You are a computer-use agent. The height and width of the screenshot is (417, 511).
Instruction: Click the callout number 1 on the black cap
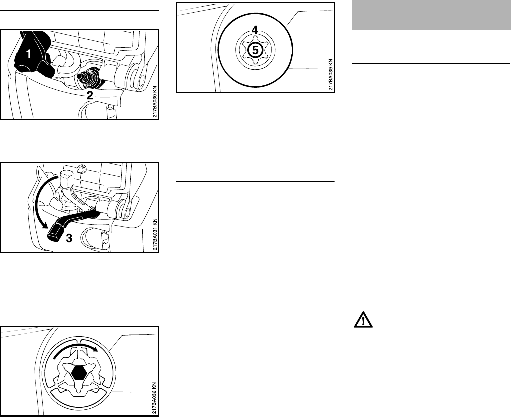[x=30, y=56]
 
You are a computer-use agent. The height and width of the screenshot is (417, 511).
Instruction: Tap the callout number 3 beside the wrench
[x=69, y=239]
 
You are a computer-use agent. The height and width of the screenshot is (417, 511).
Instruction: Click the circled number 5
[x=255, y=50]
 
